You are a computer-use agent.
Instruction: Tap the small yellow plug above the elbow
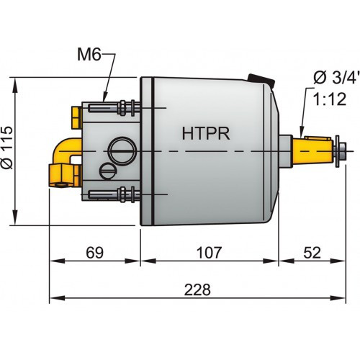click(x=75, y=114)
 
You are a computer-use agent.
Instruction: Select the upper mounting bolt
click(x=115, y=109)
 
